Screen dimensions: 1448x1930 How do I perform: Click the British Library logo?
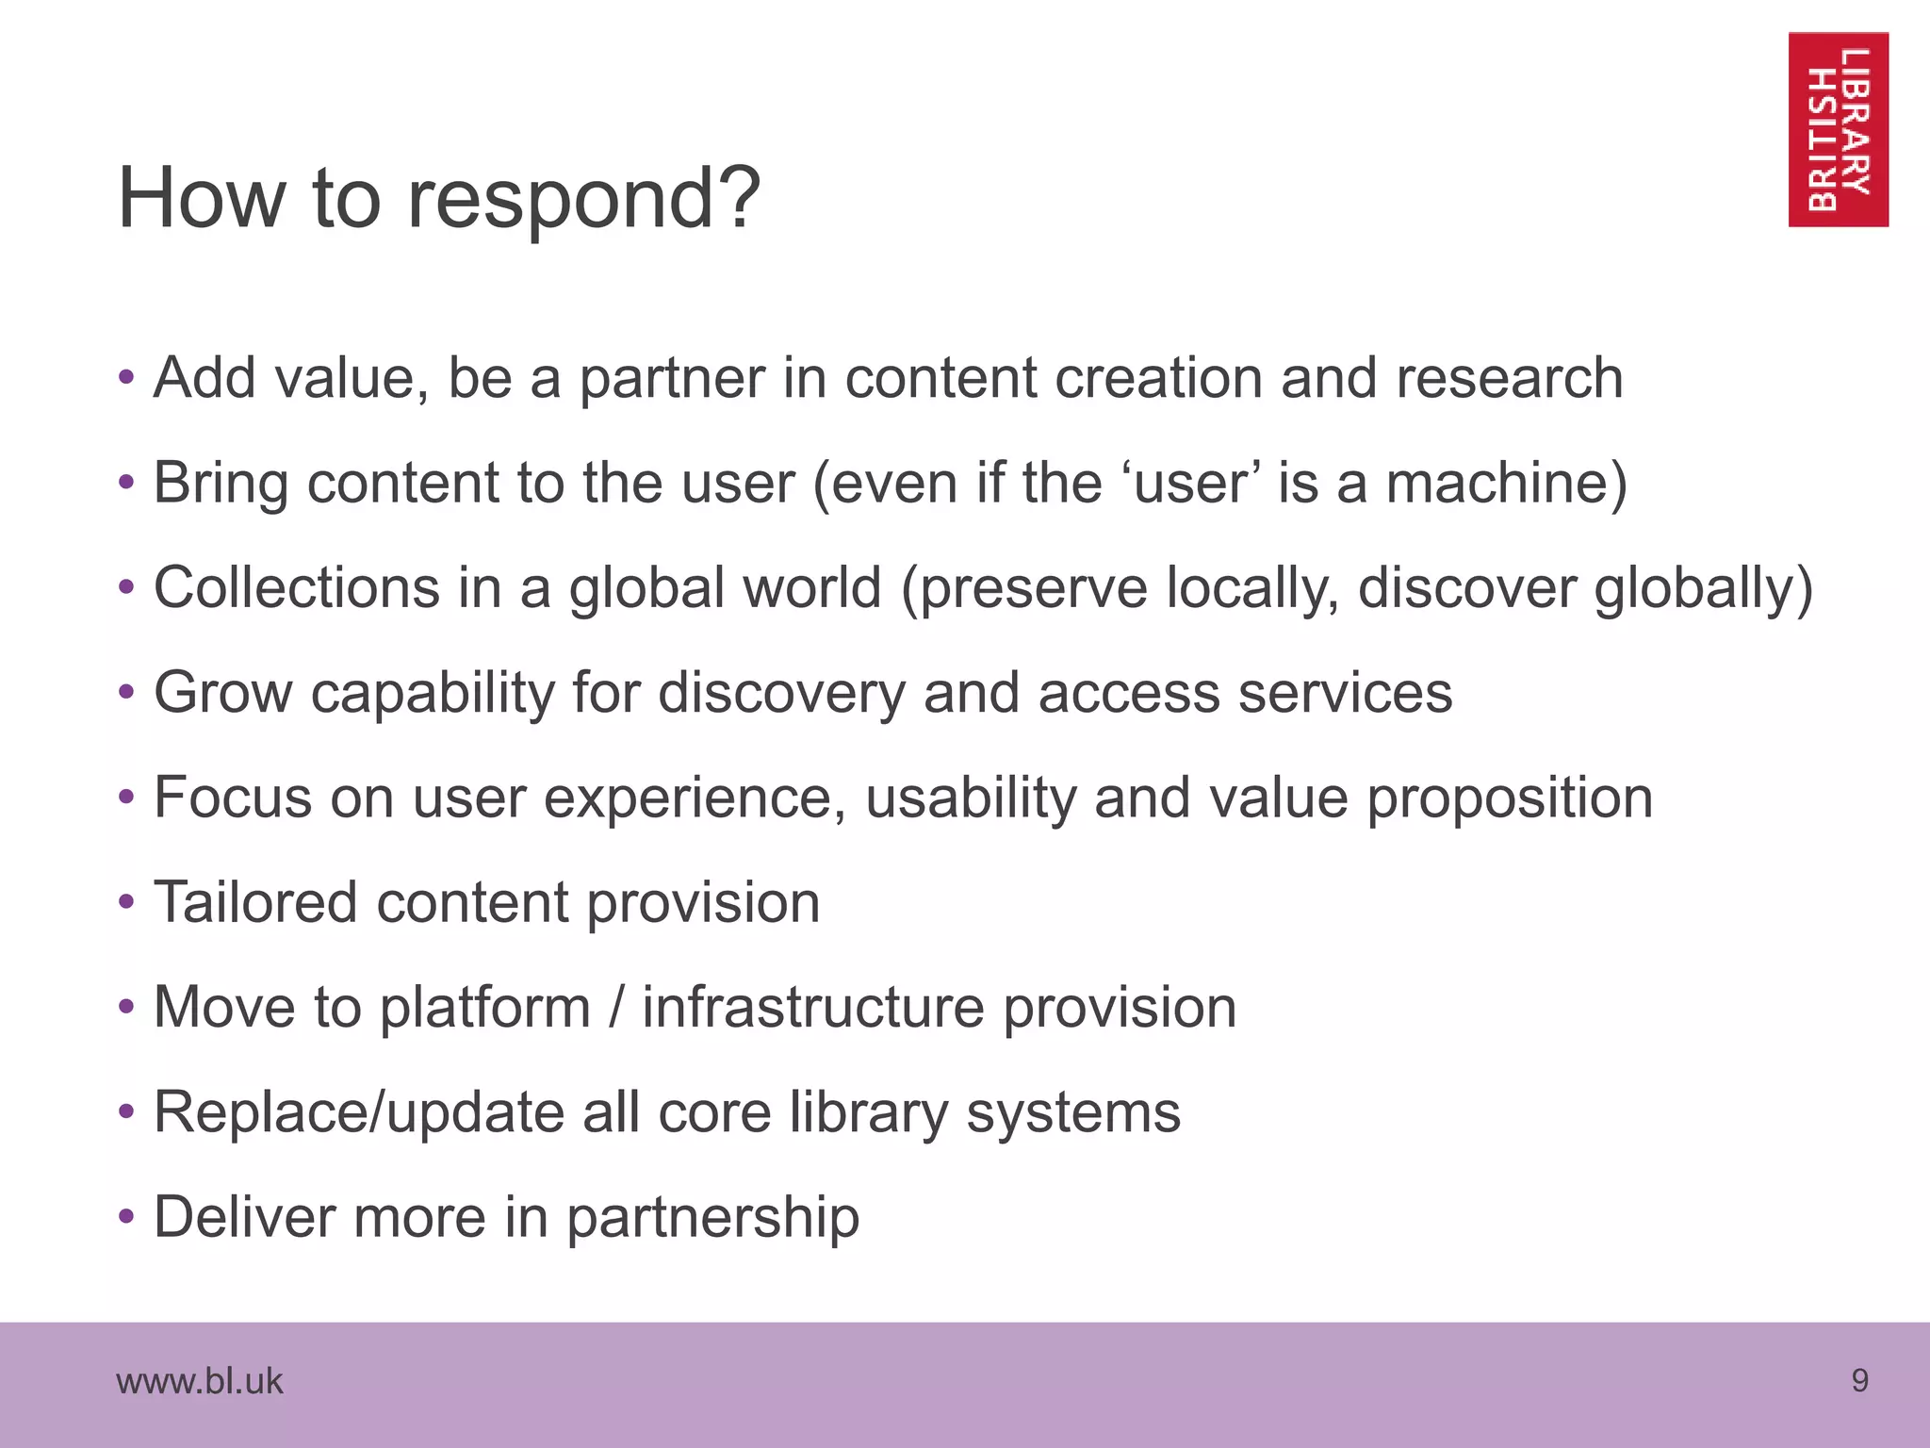(1838, 129)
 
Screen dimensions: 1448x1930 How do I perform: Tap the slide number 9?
(1859, 1380)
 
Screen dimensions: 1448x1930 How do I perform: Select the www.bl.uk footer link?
(199, 1381)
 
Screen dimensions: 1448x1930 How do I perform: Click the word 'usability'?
(970, 798)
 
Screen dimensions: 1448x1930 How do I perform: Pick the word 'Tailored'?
(255, 902)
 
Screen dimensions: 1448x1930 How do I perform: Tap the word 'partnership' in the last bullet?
(712, 1218)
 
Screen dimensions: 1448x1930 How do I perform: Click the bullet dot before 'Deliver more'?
(127, 1217)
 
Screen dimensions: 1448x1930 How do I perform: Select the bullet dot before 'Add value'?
(127, 379)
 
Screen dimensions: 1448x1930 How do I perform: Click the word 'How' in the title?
(201, 199)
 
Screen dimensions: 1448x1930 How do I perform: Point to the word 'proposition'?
(1510, 798)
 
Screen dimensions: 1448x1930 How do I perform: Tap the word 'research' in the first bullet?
(1509, 379)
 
